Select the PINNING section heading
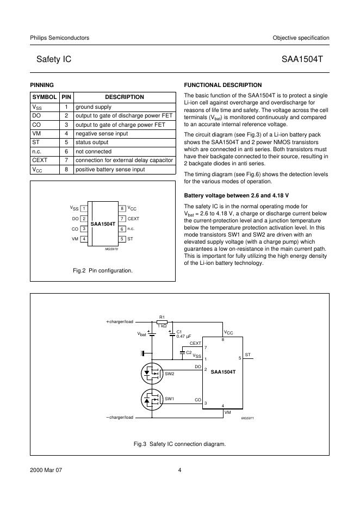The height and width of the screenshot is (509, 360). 41,85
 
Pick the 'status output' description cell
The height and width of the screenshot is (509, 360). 92,142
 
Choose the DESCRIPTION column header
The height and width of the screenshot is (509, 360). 124,97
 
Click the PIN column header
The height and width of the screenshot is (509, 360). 66,97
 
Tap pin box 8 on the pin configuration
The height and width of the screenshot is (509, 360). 122,209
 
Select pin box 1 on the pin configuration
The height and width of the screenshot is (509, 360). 84,209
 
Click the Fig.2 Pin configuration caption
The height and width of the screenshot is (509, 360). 103,270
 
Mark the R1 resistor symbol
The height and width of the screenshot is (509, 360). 162,322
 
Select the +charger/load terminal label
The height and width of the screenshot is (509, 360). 119,322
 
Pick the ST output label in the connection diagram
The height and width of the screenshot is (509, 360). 247,355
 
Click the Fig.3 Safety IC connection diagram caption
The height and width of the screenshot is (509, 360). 179,444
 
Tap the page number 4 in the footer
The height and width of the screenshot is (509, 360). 179,471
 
